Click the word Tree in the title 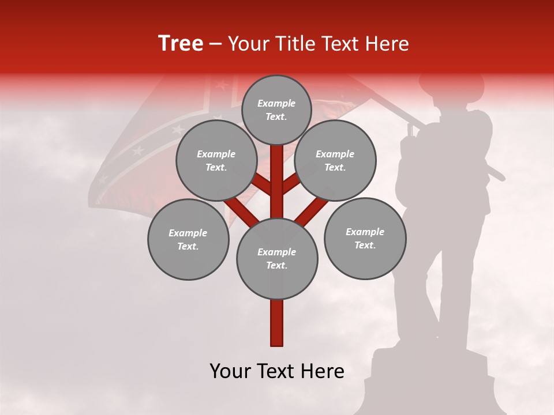[181, 44]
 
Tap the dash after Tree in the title [215, 44]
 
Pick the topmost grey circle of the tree [276, 110]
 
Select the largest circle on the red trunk [277, 259]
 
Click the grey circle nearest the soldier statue [365, 238]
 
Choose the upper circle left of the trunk [216, 161]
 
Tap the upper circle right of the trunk [335, 161]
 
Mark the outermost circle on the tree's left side [188, 240]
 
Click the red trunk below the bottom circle [277, 323]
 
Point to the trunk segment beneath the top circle [277, 173]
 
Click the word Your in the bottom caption [230, 371]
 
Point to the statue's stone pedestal [430, 380]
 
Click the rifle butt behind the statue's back [495, 173]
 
